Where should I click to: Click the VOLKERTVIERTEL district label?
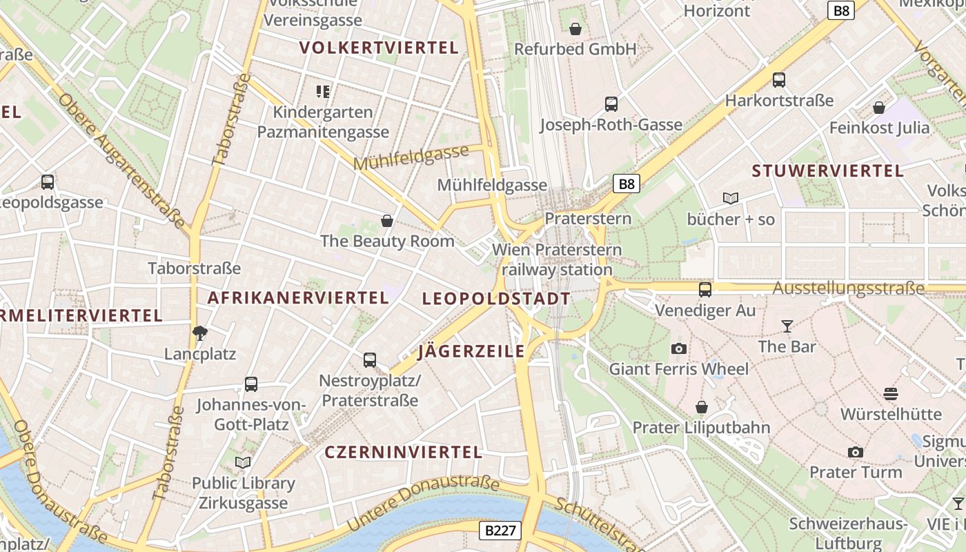pyautogui.click(x=379, y=48)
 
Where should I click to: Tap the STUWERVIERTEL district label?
pyautogui.click(x=827, y=171)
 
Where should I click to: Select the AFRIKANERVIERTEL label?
pyautogui.click(x=298, y=298)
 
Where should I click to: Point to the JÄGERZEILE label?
pyautogui.click(x=471, y=351)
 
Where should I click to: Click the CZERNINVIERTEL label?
pyautogui.click(x=403, y=453)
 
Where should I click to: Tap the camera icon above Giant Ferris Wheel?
pyautogui.click(x=679, y=348)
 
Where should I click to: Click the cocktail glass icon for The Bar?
pyautogui.click(x=787, y=326)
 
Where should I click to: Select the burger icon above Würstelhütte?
pyautogui.click(x=890, y=394)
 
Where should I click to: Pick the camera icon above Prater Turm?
pyautogui.click(x=856, y=452)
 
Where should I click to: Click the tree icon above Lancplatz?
pyautogui.click(x=200, y=333)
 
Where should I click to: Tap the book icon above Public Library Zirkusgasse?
pyautogui.click(x=243, y=462)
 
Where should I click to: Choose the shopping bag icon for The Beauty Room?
pyautogui.click(x=387, y=221)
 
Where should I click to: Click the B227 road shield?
pyautogui.click(x=500, y=531)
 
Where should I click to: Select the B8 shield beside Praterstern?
pyautogui.click(x=627, y=184)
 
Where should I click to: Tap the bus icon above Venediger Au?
pyautogui.click(x=705, y=290)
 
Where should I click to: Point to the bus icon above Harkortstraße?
pyautogui.click(x=779, y=80)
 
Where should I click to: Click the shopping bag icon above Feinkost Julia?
pyautogui.click(x=879, y=108)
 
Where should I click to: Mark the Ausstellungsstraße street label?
pyautogui.click(x=848, y=289)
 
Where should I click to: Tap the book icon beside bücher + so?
pyautogui.click(x=731, y=199)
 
